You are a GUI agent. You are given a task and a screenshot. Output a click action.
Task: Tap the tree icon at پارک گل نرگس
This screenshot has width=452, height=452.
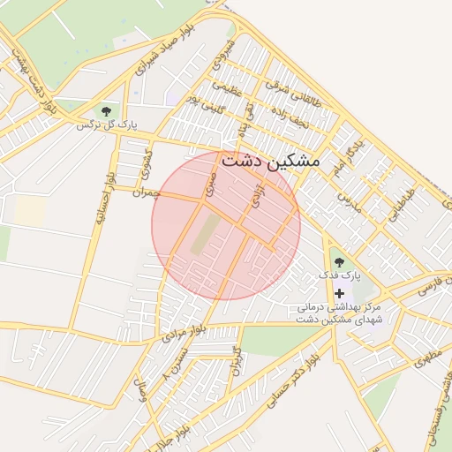tap(107, 111)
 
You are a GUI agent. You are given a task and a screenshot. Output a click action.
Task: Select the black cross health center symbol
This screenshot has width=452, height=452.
tap(339, 292)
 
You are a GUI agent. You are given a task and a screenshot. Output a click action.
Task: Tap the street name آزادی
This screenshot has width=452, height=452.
tap(258, 195)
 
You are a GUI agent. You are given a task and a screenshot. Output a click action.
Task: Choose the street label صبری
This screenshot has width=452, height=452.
tap(208, 185)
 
